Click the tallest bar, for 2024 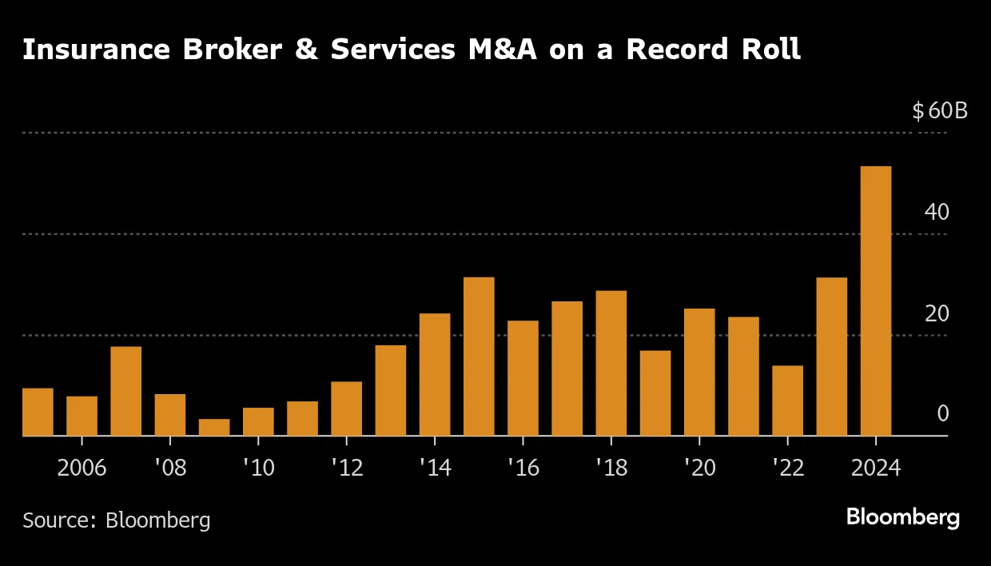point(875,301)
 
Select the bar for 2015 point(479,357)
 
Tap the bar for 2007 point(125,391)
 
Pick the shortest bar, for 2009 point(214,428)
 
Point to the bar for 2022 point(787,401)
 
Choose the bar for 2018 point(611,363)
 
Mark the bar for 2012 point(346,409)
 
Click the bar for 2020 point(699,372)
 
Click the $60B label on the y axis point(940,110)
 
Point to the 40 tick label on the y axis point(937,212)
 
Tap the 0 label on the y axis point(942,413)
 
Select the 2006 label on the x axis point(82,468)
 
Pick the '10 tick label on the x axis point(257,468)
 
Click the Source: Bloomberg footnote point(117,520)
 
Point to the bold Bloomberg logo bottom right point(902,518)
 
